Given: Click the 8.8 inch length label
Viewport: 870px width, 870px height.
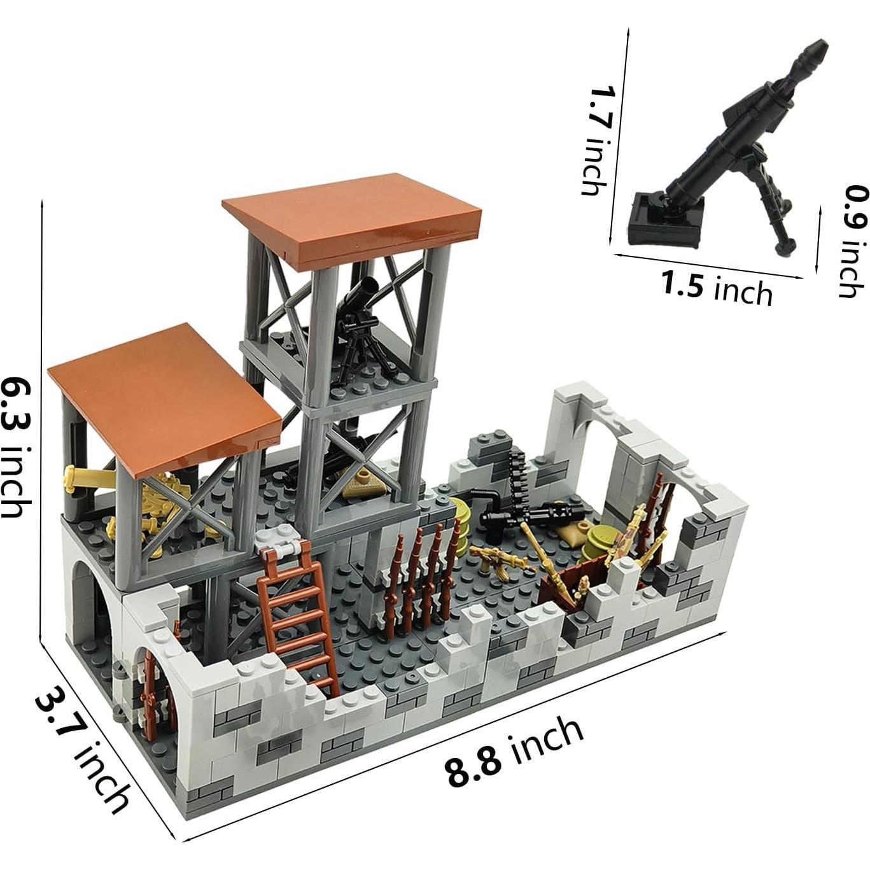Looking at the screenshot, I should coord(514,752).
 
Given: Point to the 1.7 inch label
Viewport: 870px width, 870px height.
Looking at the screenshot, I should coord(598,141).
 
